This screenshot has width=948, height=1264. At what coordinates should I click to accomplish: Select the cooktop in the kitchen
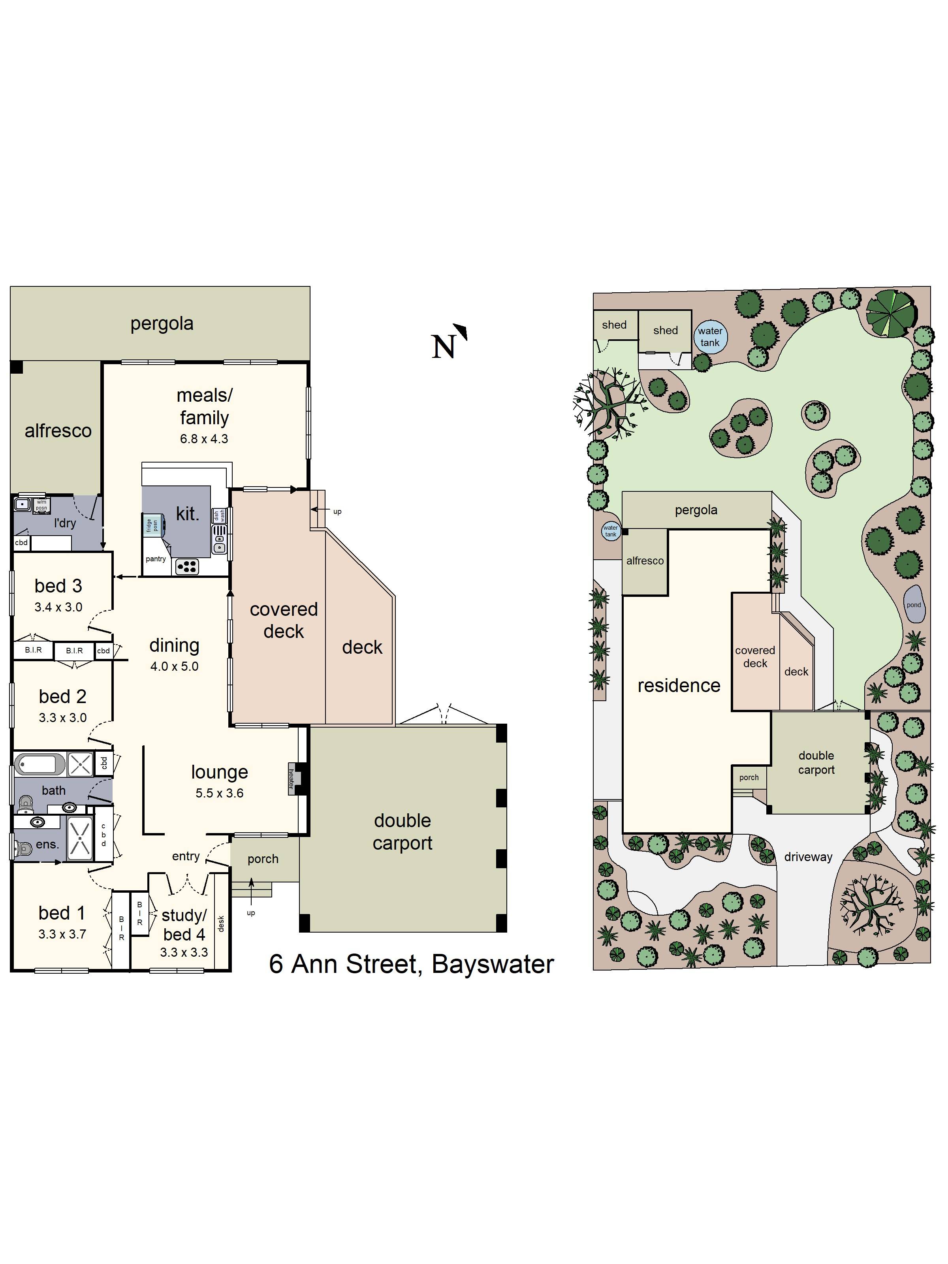point(187,566)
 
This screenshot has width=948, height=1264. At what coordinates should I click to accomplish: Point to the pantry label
point(155,559)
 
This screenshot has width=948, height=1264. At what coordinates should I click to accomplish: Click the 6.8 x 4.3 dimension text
point(204,439)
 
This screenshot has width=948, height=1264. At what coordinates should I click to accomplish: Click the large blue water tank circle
point(710,337)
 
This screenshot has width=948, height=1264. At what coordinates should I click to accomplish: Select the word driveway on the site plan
point(808,857)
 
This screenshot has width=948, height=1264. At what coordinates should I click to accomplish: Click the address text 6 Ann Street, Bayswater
point(412,964)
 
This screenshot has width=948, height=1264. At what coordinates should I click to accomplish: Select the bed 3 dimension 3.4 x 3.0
point(58,607)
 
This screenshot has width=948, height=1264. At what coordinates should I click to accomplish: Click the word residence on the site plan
point(679,685)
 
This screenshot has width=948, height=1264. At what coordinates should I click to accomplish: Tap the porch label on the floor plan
point(263,859)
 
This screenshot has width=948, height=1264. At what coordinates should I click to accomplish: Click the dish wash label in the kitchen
point(219,515)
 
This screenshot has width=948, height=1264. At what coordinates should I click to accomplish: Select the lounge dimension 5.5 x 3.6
point(220,793)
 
